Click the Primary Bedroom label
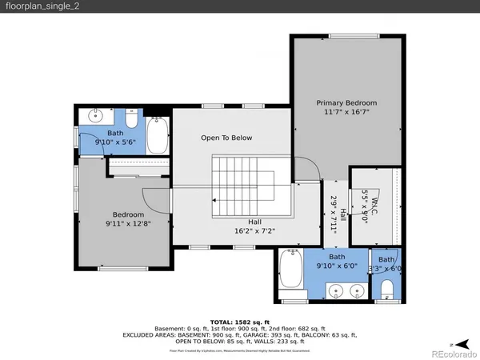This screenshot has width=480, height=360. tap(346, 103)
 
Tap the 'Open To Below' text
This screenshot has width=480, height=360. tap(226, 138)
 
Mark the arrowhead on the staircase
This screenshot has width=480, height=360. tap(215, 201)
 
